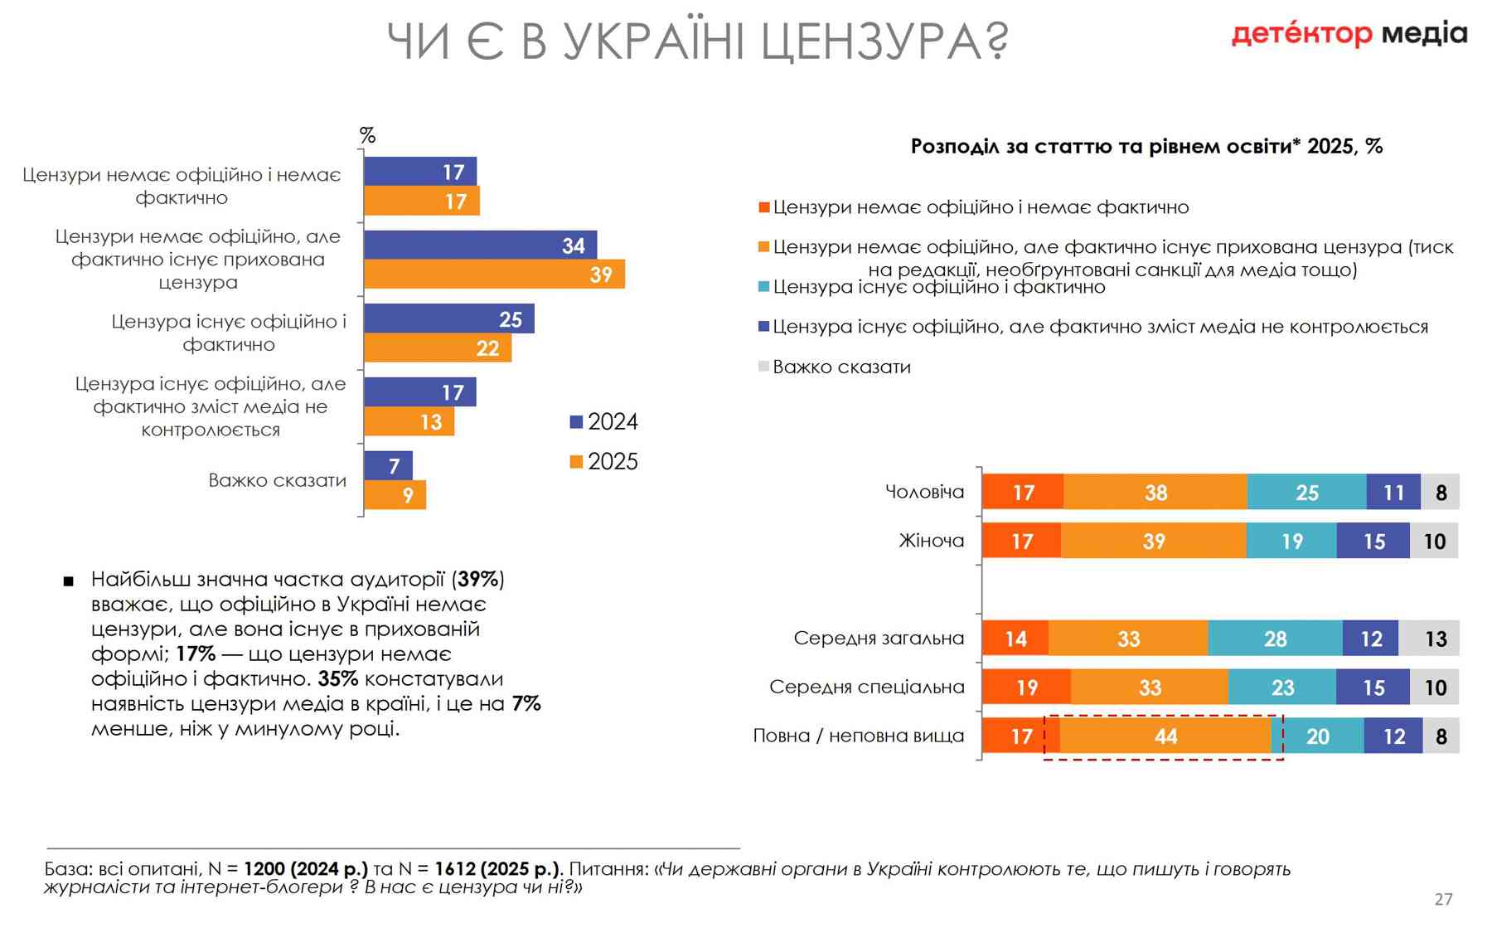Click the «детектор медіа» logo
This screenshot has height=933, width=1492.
tap(1349, 34)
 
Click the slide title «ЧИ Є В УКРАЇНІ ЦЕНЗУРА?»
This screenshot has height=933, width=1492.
tap(697, 41)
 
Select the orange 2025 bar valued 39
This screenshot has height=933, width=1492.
tap(494, 275)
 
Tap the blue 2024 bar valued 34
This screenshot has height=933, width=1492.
tap(480, 245)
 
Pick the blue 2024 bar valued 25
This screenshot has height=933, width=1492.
tap(448, 319)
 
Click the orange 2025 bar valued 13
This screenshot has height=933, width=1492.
tap(409, 421)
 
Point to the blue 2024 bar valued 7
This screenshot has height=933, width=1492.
tap(388, 466)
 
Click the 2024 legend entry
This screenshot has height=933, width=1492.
tap(604, 422)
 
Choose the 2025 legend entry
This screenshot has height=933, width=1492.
tap(604, 462)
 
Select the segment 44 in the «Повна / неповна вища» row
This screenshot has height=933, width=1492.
tap(1165, 736)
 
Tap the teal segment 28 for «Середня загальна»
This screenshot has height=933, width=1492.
tap(1275, 639)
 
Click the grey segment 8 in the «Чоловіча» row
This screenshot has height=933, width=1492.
tap(1441, 493)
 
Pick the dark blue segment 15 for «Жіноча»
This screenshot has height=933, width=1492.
tap(1373, 542)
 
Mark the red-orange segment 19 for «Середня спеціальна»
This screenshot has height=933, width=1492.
tap(1026, 688)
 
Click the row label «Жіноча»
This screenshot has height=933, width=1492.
tap(932, 542)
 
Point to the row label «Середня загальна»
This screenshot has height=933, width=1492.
tap(879, 639)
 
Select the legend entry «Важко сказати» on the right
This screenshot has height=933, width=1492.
tap(840, 367)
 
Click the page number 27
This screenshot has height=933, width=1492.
tap(1443, 899)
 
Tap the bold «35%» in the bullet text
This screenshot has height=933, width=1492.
tap(337, 678)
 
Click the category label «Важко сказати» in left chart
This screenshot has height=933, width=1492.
tap(277, 481)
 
